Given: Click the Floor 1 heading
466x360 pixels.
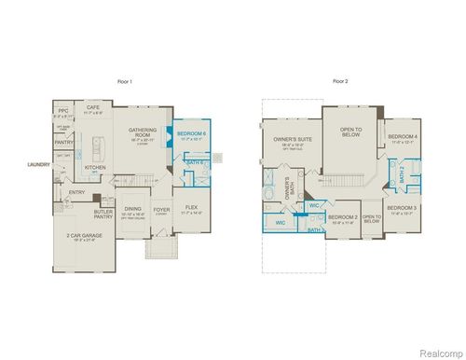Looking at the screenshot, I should (127, 82).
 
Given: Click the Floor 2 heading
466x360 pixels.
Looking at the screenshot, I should (339, 82).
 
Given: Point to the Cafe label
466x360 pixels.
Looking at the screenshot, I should (93, 107).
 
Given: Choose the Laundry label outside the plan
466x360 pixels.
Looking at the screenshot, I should (39, 165).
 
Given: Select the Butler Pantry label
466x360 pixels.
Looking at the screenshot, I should (104, 214).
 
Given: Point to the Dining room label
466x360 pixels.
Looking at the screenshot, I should (133, 209).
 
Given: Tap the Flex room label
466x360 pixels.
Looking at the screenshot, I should (191, 207).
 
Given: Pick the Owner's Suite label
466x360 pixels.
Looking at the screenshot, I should (292, 139).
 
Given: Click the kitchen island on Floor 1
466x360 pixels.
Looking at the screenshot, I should (97, 146).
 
